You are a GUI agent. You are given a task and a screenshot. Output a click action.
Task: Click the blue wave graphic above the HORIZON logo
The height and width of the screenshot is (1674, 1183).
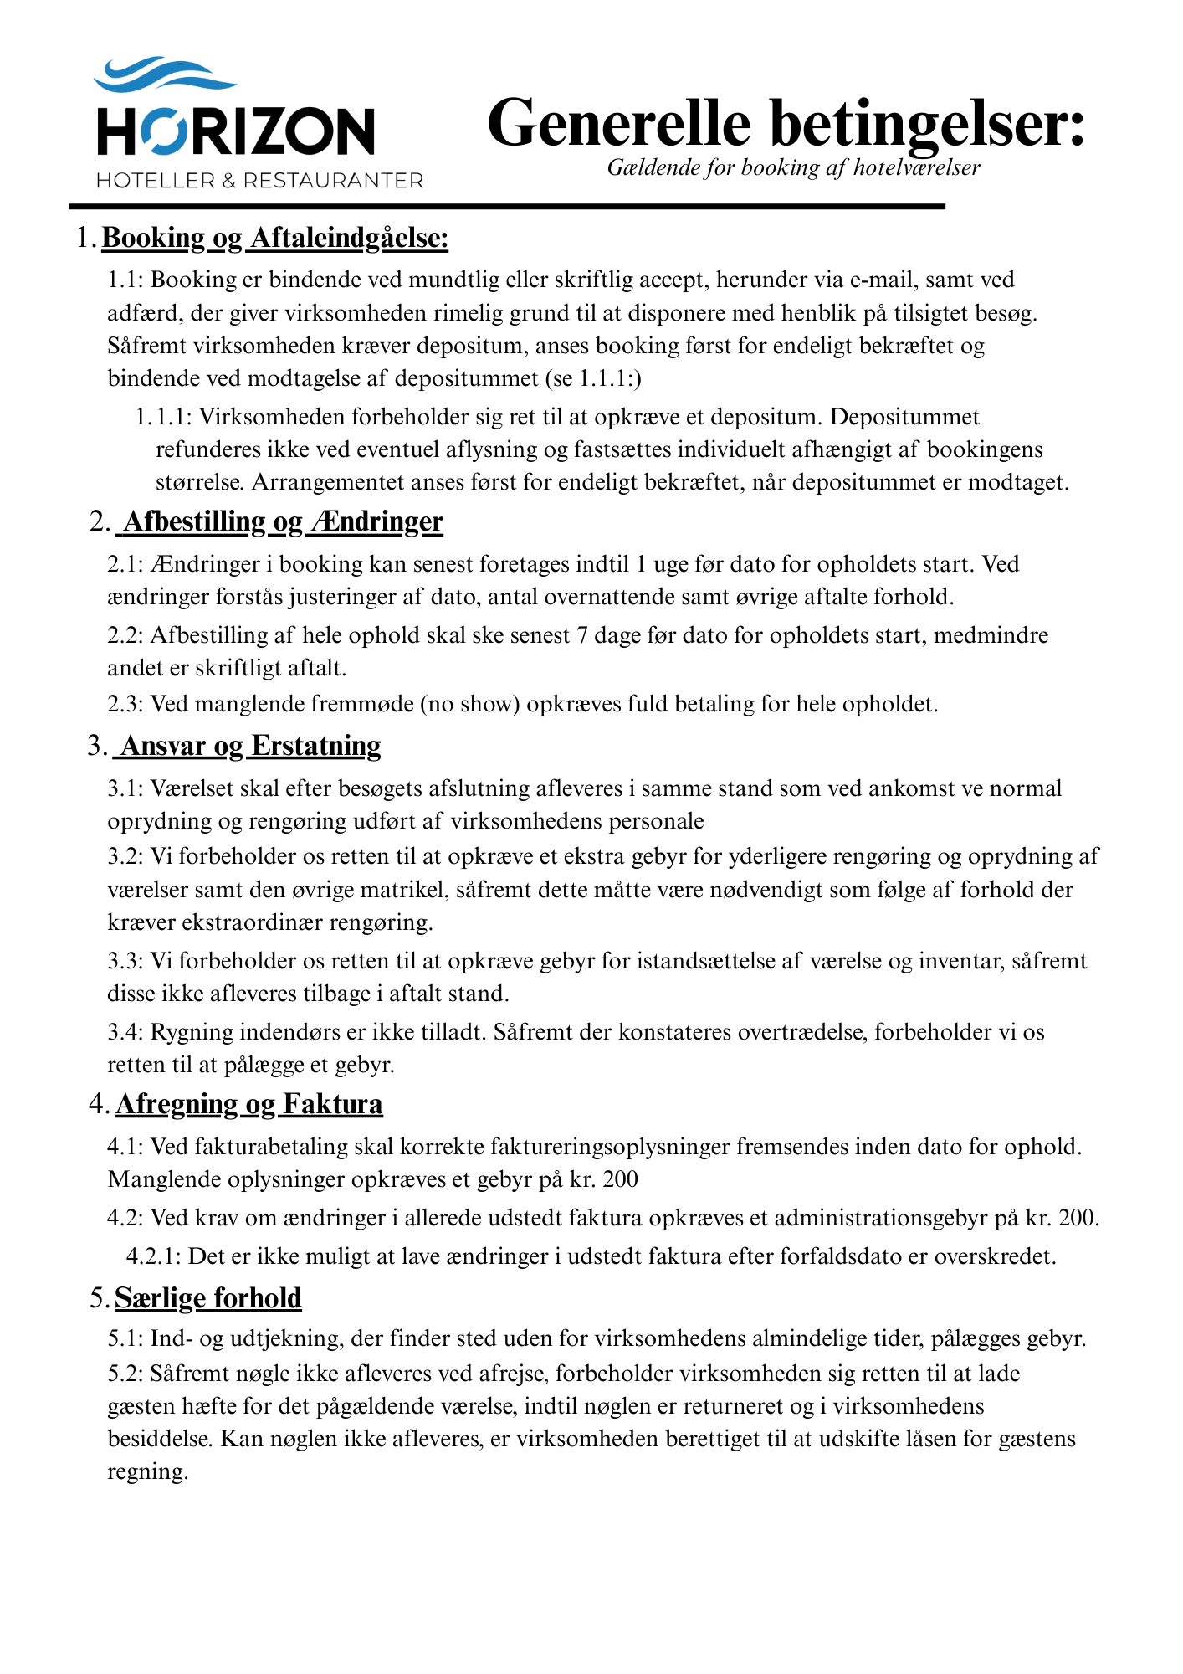click(164, 74)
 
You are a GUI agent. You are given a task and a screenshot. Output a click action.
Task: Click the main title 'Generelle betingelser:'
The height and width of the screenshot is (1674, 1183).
click(786, 122)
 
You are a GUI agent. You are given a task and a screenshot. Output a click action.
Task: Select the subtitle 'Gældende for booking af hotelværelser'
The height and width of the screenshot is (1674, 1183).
click(793, 168)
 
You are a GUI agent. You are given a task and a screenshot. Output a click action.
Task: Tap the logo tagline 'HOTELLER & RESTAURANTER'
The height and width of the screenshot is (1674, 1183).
click(259, 181)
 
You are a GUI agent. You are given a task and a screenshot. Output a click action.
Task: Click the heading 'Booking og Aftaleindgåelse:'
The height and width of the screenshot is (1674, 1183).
click(275, 239)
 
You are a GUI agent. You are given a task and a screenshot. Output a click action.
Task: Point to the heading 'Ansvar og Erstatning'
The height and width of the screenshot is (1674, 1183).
click(251, 746)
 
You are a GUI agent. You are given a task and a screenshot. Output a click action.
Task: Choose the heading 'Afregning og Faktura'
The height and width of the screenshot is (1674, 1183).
click(249, 1105)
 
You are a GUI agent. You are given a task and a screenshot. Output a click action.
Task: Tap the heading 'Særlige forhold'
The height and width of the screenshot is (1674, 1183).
click(208, 1298)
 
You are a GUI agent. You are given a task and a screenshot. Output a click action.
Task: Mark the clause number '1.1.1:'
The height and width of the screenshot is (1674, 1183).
click(164, 417)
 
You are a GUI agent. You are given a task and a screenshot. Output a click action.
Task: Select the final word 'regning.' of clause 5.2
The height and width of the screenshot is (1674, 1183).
click(148, 1471)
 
